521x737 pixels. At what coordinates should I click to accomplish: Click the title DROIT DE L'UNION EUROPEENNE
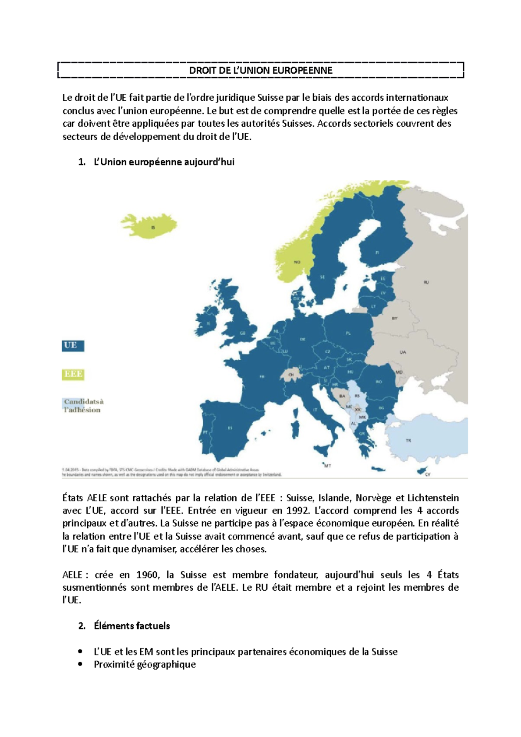pyautogui.click(x=260, y=70)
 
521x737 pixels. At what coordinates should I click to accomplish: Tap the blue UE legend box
pyautogui.click(x=72, y=345)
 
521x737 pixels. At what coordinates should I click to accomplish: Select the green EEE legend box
pyautogui.click(x=73, y=374)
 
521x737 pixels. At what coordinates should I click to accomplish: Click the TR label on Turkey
pyautogui.click(x=408, y=441)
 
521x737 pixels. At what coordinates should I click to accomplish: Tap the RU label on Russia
pyautogui.click(x=426, y=283)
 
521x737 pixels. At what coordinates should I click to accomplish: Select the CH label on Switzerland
pyautogui.click(x=291, y=375)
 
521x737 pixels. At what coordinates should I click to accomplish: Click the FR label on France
pyautogui.click(x=262, y=377)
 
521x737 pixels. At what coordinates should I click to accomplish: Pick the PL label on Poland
pyautogui.click(x=348, y=333)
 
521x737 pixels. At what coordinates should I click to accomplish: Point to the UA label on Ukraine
pyautogui.click(x=402, y=352)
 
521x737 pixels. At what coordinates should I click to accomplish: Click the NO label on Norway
pyautogui.click(x=297, y=262)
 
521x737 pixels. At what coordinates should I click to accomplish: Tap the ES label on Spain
pyautogui.click(x=230, y=428)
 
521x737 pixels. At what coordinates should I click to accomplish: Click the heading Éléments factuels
pyautogui.click(x=132, y=626)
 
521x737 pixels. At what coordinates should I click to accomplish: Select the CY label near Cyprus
pyautogui.click(x=428, y=474)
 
